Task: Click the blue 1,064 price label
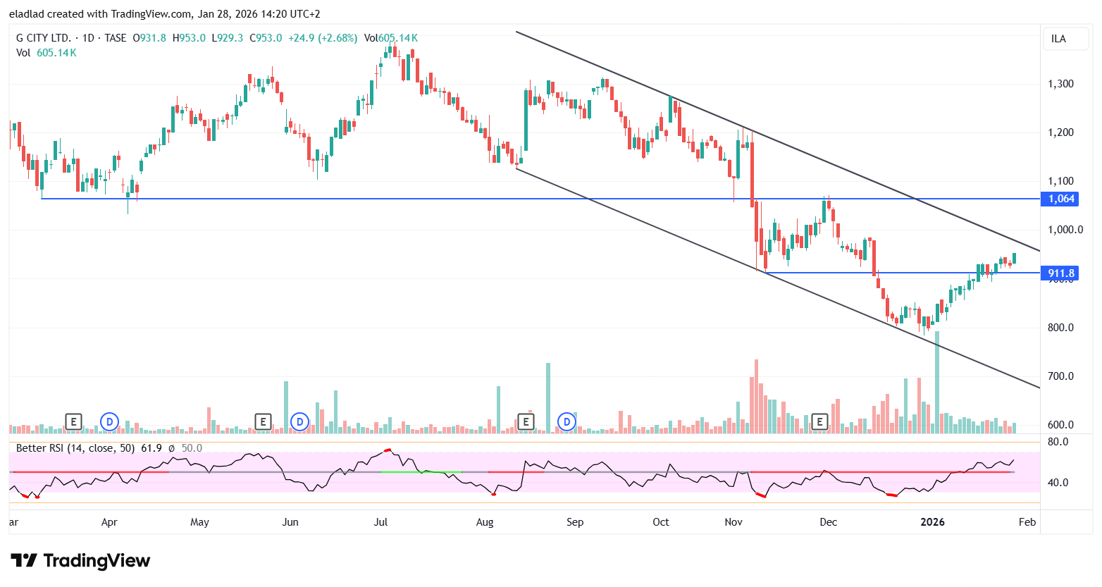pyautogui.click(x=1061, y=199)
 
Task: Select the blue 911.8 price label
pyautogui.click(x=1061, y=273)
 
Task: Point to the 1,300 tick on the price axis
pyautogui.click(x=1060, y=84)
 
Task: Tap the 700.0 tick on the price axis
pyautogui.click(x=1060, y=376)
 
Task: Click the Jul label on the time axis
pyautogui.click(x=380, y=522)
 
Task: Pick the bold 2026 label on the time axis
pyautogui.click(x=933, y=522)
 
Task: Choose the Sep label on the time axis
pyautogui.click(x=575, y=522)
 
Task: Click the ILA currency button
pyautogui.click(x=1058, y=39)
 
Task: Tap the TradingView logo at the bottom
pyautogui.click(x=80, y=561)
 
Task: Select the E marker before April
pyautogui.click(x=73, y=422)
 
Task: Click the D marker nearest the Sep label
pyautogui.click(x=567, y=422)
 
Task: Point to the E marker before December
pyautogui.click(x=819, y=422)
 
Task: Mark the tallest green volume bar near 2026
pyautogui.click(x=937, y=381)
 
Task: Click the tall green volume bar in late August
pyautogui.click(x=548, y=395)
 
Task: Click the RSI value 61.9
pyautogui.click(x=151, y=448)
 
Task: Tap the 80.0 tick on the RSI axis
pyautogui.click(x=1058, y=442)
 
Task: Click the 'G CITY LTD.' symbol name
pyautogui.click(x=44, y=38)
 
